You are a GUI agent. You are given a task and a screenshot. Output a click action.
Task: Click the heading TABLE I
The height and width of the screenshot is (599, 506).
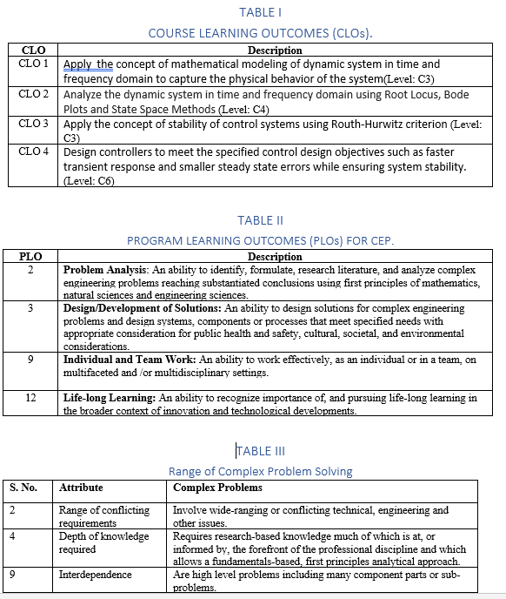(260, 12)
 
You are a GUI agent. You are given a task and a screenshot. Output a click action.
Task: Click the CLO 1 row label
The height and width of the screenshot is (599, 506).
(33, 64)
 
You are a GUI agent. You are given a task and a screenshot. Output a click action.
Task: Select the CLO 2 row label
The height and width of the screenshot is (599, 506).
(33, 93)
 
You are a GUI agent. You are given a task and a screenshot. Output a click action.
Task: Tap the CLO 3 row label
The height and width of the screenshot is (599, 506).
(33, 124)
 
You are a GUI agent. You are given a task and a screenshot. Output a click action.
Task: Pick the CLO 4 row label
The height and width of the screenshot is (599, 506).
(33, 151)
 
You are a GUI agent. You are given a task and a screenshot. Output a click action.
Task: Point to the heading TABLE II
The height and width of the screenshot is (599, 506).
(260, 220)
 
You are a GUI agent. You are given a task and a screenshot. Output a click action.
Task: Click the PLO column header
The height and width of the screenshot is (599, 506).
(31, 257)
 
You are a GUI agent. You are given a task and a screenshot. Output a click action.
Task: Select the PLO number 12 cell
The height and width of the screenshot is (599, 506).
(30, 398)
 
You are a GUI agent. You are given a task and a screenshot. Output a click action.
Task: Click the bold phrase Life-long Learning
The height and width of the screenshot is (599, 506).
(110, 398)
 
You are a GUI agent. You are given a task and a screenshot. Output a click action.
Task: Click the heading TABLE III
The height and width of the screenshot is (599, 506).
(260, 451)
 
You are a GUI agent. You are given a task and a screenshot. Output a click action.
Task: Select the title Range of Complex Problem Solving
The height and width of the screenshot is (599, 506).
(260, 471)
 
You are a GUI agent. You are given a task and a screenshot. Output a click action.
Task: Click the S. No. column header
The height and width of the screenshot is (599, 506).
(23, 488)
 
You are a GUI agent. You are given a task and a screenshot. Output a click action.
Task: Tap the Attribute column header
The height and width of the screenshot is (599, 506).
(80, 488)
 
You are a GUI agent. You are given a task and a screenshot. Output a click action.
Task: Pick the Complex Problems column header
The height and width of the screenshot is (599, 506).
(217, 488)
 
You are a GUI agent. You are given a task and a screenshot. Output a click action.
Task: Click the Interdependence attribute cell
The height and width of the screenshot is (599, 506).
(96, 575)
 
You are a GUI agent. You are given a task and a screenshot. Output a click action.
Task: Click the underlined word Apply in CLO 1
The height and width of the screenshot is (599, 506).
(76, 64)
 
